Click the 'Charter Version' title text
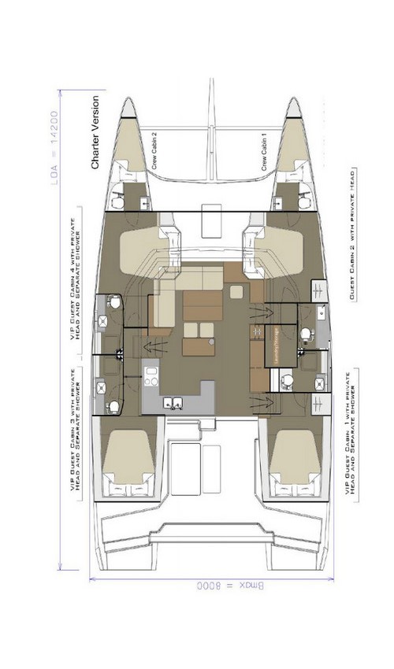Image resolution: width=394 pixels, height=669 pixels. (x=95, y=133)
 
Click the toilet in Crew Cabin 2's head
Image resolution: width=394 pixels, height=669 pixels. (x=118, y=202)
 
